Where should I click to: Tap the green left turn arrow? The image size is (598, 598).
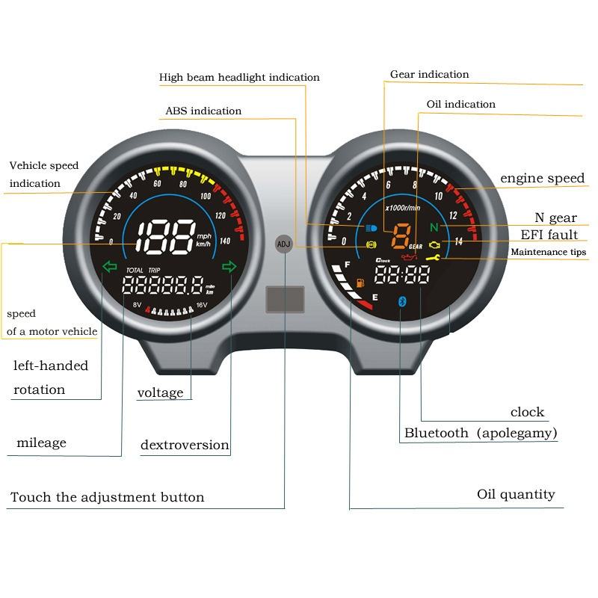110,265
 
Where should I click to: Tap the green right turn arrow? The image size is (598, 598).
229,265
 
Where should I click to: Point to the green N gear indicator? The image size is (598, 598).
434,227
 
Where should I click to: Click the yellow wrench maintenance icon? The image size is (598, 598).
431,259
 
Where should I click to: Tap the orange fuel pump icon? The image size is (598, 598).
360,283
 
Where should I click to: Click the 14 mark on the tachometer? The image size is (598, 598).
458,241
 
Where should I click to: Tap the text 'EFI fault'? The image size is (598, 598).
549,235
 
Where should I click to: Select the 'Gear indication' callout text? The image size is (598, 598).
430,75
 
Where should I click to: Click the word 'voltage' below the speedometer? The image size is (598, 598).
160,393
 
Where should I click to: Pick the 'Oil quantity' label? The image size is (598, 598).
516,495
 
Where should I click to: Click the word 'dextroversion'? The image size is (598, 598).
185,446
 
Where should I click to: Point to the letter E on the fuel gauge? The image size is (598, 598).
374,297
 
